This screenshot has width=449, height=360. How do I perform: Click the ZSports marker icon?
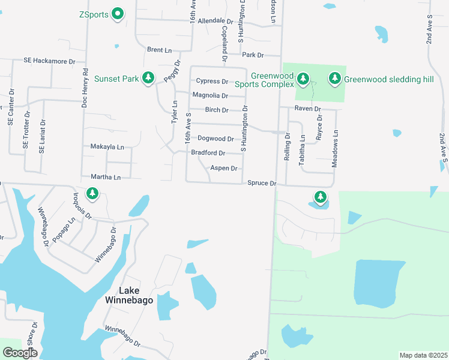118,14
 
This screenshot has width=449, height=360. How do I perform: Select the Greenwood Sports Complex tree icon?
304,78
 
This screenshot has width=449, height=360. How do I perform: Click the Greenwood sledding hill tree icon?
335,78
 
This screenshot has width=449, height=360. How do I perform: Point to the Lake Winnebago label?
128,295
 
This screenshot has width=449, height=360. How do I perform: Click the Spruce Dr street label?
262,183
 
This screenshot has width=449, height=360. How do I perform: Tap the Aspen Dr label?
224,169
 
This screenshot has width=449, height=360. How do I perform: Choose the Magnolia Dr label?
210,95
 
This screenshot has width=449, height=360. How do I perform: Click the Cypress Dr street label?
212,81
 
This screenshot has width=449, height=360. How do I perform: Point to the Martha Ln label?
106,177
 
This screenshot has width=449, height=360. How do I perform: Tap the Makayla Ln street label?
107,146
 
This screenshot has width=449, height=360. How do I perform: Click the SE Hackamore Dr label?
49,61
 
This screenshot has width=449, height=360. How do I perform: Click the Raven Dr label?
308,109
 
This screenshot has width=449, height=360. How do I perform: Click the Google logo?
20,353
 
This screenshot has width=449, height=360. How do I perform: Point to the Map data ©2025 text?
423,355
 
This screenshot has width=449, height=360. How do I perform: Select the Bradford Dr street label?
208,153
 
